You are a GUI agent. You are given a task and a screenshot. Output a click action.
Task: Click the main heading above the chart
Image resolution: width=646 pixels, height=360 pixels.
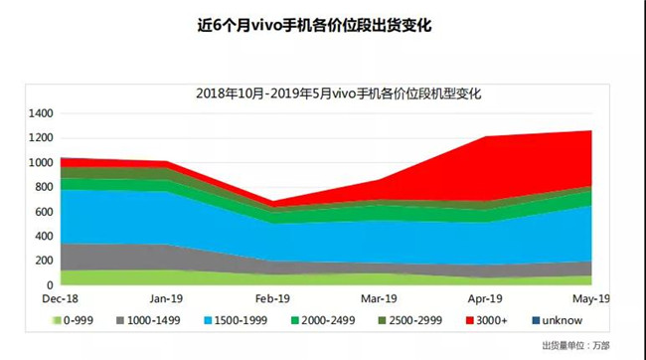click(x=322, y=22)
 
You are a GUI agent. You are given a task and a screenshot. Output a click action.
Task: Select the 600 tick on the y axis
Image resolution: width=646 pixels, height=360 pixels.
click(x=43, y=212)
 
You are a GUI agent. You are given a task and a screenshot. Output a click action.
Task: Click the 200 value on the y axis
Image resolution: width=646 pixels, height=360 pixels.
click(x=43, y=261)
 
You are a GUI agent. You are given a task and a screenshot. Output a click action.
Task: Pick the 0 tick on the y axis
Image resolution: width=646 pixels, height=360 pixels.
click(x=50, y=285)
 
